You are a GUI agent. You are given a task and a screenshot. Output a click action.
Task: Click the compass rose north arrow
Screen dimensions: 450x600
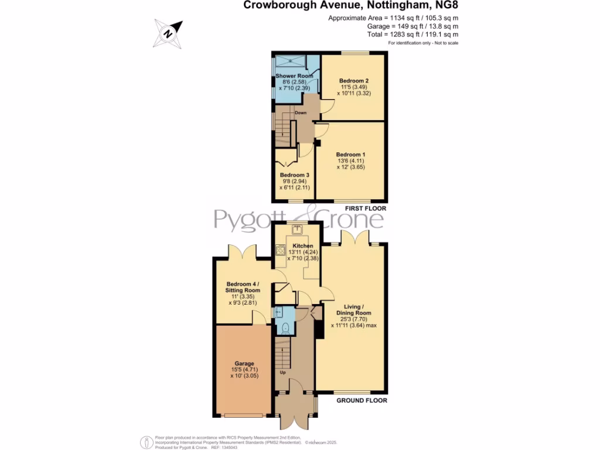(168, 33)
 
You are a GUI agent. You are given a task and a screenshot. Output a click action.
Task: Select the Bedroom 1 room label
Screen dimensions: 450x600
(351, 154)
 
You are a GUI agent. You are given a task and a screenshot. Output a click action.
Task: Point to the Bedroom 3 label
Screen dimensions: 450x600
(294, 175)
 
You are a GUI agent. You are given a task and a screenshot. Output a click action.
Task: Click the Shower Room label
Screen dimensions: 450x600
(294, 76)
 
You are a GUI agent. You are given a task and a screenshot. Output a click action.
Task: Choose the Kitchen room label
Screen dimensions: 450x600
(303, 246)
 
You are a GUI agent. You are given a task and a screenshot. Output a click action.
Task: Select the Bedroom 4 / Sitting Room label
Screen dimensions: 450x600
(243, 287)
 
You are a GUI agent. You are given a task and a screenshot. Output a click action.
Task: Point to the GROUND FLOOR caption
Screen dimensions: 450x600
(362, 401)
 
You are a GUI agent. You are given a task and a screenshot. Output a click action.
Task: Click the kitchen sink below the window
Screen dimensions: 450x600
(297, 229)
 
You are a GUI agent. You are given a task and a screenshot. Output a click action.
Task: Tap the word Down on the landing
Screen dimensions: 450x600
(300, 112)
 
